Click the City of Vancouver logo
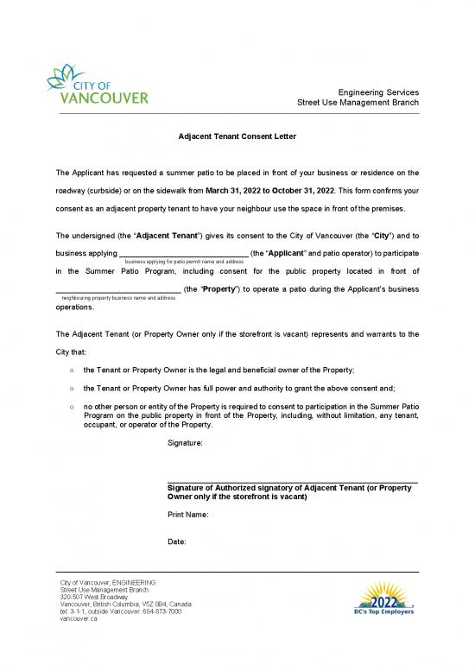pyautogui.click(x=98, y=83)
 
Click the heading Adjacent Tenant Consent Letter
pyautogui.click(x=237, y=136)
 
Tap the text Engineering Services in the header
pyautogui.click(x=378, y=92)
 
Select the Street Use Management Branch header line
pyautogui.click(x=358, y=102)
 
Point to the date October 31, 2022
pyautogui.click(x=302, y=189)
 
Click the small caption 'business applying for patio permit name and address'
pyautogui.click(x=185, y=261)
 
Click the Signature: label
pyautogui.click(x=185, y=442)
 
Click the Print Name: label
pyautogui.click(x=187, y=515)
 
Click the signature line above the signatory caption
pyautogui.click(x=292, y=482)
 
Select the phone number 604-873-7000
pyautogui.click(x=156, y=612)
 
